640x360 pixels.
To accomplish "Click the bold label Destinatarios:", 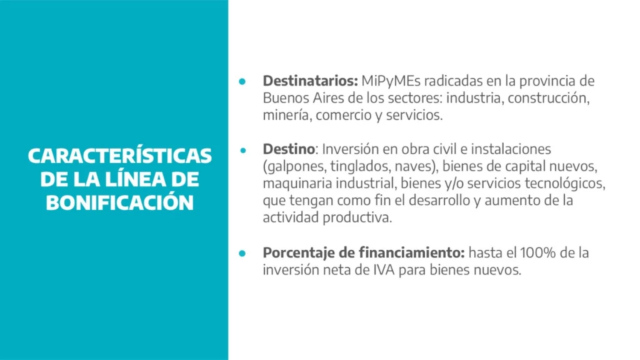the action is (310, 81).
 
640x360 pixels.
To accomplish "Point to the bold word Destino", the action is (289, 149).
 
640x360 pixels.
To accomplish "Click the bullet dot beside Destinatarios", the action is (242, 82).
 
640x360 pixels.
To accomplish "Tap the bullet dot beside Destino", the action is (243, 150).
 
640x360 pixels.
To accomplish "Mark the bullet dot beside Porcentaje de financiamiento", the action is (242, 254).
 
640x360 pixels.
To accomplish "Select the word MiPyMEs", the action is (391, 81).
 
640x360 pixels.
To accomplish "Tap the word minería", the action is (287, 115).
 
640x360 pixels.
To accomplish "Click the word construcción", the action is (549, 98).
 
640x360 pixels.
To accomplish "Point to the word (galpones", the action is (294, 166).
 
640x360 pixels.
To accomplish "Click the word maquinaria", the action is (297, 184).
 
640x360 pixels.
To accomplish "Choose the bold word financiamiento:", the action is (412, 252).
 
